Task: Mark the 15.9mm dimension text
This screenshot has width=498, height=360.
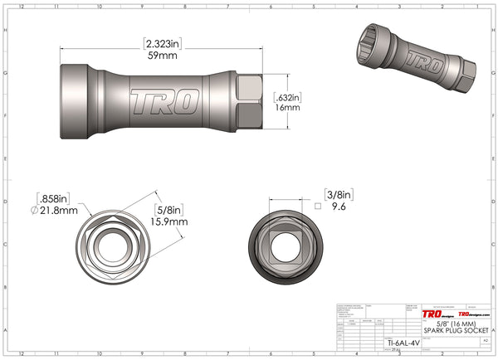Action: coord(169,222)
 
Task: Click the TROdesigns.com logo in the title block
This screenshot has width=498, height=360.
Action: coord(475,315)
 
